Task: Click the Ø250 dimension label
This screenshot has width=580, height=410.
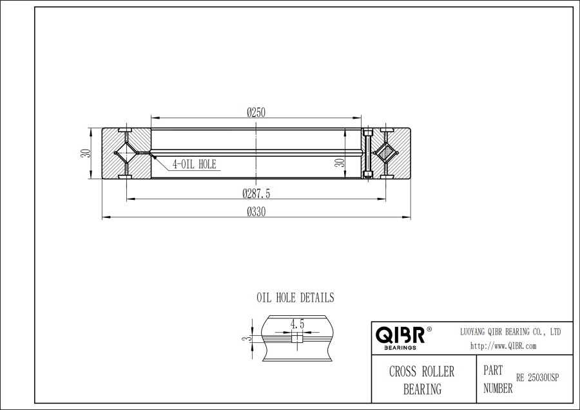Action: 256,112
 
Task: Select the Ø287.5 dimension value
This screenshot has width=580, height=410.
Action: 256,193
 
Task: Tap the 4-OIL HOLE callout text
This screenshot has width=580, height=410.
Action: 194,164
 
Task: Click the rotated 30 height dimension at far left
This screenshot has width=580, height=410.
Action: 84,154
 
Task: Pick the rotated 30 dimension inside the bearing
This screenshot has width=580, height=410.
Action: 338,162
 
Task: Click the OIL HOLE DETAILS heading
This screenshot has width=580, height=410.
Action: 295,298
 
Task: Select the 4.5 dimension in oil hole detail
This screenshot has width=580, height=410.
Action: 297,324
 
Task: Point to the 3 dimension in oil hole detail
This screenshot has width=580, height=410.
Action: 244,338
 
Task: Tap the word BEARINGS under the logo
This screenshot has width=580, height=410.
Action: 400,347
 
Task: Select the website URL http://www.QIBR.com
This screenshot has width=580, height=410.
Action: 503,346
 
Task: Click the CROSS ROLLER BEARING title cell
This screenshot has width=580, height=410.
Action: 421,380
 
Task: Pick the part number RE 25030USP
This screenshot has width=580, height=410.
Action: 537,378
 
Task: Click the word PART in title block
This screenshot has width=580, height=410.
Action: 493,371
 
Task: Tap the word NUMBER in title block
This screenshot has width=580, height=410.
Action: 498,388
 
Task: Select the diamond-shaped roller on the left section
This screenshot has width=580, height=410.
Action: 125,154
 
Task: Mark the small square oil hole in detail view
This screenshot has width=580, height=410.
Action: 296,339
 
